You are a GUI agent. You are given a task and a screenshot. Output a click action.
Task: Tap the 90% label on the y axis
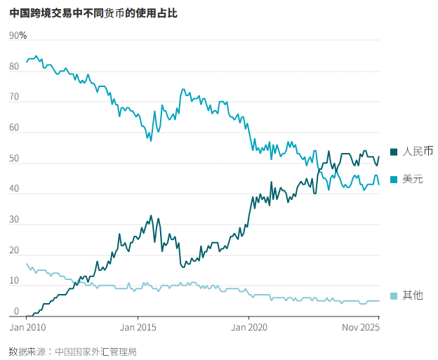click(x=18, y=36)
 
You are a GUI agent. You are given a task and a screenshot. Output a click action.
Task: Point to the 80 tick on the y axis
click(x=14, y=67)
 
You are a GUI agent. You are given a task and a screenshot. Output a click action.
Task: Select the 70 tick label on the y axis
click(x=14, y=98)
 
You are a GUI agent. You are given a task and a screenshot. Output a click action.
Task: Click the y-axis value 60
click(x=14, y=128)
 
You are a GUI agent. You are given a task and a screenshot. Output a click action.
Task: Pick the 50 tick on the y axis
click(x=14, y=159)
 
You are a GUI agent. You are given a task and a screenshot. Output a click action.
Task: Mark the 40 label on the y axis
click(x=14, y=189)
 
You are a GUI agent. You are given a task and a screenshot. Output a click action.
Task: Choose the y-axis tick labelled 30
click(x=14, y=220)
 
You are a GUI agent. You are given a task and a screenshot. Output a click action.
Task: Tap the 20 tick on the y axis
click(x=14, y=251)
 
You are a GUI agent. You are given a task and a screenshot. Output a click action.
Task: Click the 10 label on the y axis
click(x=14, y=281)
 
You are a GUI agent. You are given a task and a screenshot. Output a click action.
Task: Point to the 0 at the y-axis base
click(x=16, y=312)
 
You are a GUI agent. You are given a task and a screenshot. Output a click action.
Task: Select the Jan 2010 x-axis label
click(x=27, y=327)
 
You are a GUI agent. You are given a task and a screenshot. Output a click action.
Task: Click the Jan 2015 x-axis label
click(x=138, y=327)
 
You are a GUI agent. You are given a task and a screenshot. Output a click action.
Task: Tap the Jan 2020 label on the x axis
click(x=249, y=327)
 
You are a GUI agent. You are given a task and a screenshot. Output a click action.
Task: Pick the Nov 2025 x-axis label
click(x=360, y=327)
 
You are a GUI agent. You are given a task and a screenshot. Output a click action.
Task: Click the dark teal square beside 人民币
click(x=394, y=151)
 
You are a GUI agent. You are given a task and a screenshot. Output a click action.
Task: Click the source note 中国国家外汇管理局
click(x=95, y=351)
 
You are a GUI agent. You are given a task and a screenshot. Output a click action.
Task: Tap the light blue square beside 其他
click(x=394, y=295)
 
